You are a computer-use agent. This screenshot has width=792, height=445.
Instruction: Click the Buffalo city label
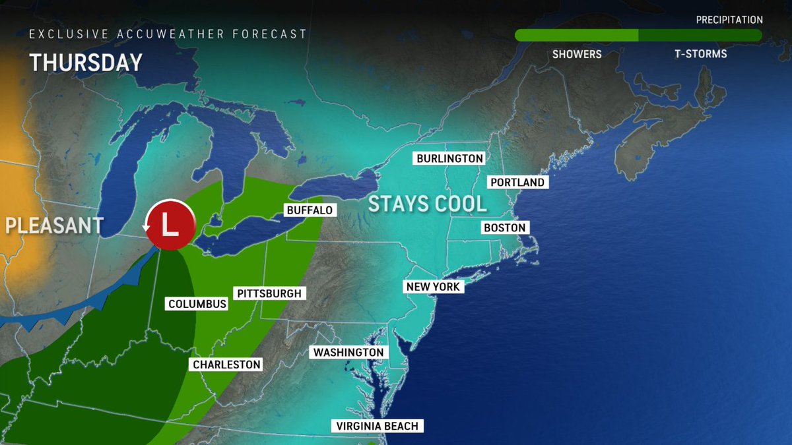click(x=310, y=210)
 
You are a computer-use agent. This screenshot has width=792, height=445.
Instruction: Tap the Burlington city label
click(x=449, y=159)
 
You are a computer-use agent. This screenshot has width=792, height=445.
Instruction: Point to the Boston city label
click(x=504, y=228)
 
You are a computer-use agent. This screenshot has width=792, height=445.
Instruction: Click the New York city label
click(x=433, y=287)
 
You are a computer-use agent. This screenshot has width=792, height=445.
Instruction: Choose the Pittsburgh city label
click(x=269, y=293)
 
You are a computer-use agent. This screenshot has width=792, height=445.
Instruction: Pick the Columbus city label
click(x=197, y=304)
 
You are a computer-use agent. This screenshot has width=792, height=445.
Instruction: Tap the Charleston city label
click(x=226, y=365)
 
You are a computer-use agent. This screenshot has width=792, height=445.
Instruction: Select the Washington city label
click(x=348, y=353)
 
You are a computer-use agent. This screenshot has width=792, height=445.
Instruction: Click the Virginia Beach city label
click(x=376, y=427)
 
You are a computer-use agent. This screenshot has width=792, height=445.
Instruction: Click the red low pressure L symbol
click(x=170, y=224)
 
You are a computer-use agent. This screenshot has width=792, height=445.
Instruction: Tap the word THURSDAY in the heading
click(x=86, y=63)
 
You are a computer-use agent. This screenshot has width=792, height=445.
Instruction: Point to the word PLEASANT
click(x=54, y=225)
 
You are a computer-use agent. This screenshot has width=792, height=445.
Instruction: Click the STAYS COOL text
click(x=427, y=204)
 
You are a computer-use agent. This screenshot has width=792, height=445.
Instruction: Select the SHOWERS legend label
click(x=577, y=54)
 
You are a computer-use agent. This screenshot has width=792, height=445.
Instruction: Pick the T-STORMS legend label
click(x=700, y=54)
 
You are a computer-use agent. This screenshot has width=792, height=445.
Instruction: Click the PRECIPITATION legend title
click(x=729, y=20)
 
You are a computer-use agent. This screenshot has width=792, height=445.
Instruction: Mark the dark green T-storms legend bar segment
click(x=700, y=36)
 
